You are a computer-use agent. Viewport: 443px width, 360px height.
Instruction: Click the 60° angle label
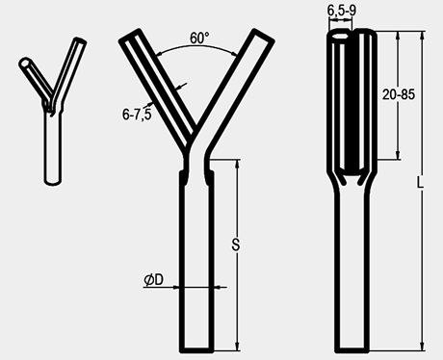tap(199, 39)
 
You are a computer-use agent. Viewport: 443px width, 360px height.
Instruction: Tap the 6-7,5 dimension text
tap(137, 115)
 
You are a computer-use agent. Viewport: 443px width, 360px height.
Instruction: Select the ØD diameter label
tap(153, 280)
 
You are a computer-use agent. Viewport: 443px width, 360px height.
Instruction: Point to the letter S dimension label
tap(236, 244)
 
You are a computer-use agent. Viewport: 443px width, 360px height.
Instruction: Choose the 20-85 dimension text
tap(399, 94)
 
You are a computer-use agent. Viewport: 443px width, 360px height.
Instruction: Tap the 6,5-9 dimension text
tap(342, 11)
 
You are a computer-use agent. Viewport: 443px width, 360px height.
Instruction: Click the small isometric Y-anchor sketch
tap(53, 111)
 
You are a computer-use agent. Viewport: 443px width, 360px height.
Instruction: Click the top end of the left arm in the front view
tap(130, 36)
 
